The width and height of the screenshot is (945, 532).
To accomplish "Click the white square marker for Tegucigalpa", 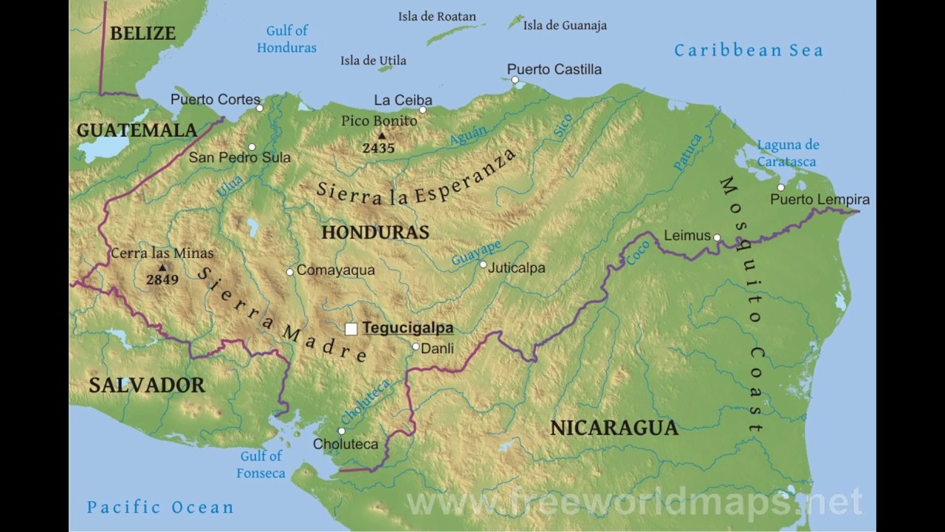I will click(x=351, y=329).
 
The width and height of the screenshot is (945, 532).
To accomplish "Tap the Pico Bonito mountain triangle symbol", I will click(x=382, y=136).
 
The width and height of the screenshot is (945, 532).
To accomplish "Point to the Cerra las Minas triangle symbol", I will click(x=162, y=267).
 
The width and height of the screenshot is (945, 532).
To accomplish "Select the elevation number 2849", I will click(x=162, y=280).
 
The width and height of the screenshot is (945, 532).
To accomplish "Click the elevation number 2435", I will click(x=378, y=148).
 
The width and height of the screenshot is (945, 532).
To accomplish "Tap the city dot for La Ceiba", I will click(x=423, y=110).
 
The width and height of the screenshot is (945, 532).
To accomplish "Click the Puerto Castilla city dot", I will click(x=515, y=80).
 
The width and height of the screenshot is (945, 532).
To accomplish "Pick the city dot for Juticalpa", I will click(x=483, y=265).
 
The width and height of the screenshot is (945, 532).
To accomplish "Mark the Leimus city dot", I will click(x=716, y=237).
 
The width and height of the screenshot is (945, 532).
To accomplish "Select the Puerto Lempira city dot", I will click(x=780, y=188).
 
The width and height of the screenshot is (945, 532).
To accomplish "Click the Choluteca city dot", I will click(x=341, y=431).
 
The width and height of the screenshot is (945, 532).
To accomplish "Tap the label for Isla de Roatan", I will click(x=437, y=16).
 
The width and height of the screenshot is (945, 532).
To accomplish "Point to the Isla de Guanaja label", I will click(x=565, y=25).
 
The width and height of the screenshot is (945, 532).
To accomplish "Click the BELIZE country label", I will click(x=143, y=33).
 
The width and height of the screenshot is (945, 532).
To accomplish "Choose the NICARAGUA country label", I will click(x=614, y=428).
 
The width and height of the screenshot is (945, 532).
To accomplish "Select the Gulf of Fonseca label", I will click(x=261, y=465).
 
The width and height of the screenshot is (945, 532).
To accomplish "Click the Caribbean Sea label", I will click(x=748, y=50).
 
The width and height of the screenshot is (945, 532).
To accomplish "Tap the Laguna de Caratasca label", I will click(x=788, y=153).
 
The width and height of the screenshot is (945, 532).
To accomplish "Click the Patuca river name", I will click(x=687, y=152).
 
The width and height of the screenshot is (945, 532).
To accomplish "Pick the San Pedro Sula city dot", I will click(x=252, y=147).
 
